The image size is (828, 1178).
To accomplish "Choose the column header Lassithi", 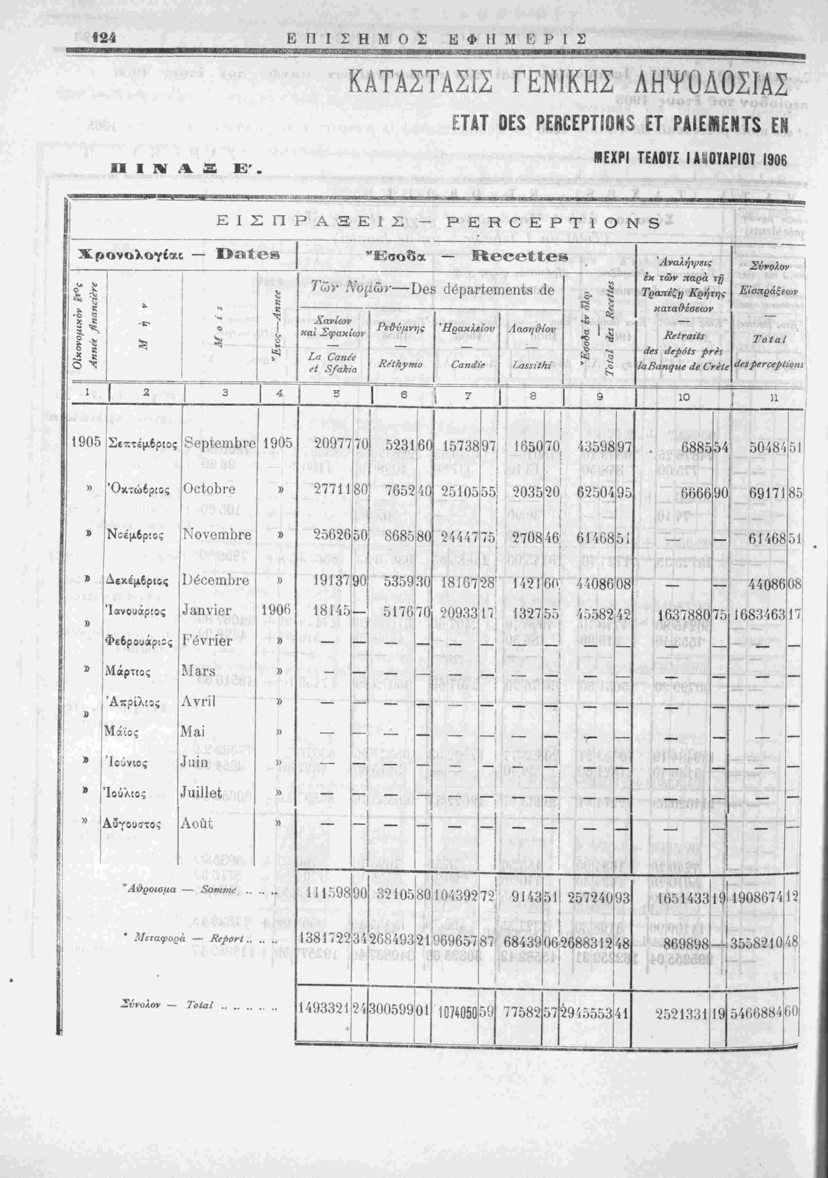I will pos(532,365).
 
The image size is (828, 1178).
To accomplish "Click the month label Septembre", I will pos(220,443).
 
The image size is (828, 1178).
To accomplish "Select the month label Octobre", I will pos(209,488).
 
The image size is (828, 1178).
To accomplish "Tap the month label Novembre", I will pos(217,534).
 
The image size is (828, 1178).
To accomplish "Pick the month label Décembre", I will pos(216,580).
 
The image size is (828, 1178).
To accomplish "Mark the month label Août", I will pos(197,824).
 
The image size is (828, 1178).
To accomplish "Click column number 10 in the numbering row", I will pos(684,397).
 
